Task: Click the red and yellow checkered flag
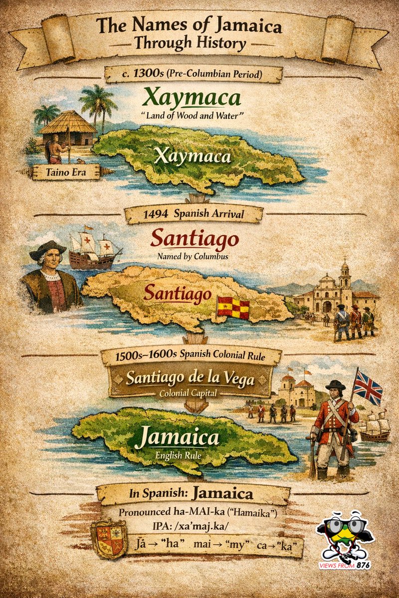click(233, 306)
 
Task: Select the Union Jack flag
click(367, 387)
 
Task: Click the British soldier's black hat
click(336, 385)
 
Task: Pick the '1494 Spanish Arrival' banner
click(194, 215)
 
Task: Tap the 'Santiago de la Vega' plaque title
click(190, 379)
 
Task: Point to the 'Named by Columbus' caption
click(195, 257)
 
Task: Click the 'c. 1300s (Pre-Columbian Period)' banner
click(194, 74)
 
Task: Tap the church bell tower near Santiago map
click(345, 279)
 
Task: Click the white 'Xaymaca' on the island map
click(193, 156)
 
